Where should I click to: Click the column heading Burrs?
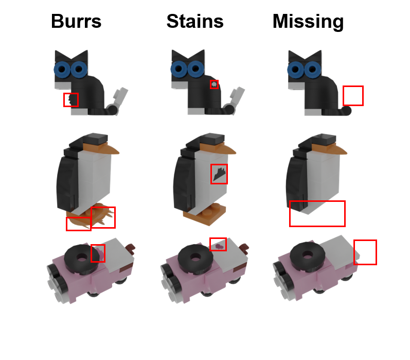pyautogui.click(x=76, y=21)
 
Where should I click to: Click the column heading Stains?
pyautogui.click(x=195, y=21)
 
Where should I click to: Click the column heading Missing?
pyautogui.click(x=308, y=22)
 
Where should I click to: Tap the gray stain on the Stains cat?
pyautogui.click(x=214, y=84)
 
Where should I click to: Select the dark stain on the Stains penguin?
pyautogui.click(x=219, y=174)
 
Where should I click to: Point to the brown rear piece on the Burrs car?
pyautogui.click(x=131, y=249)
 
